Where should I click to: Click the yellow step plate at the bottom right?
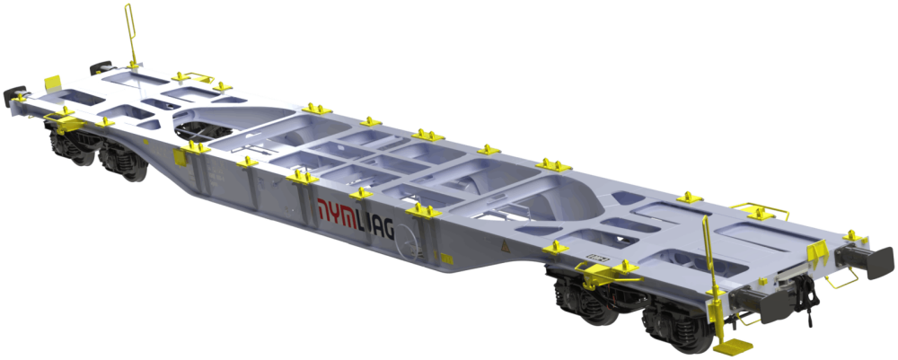[734, 345]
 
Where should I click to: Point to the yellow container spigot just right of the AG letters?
[423, 211]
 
